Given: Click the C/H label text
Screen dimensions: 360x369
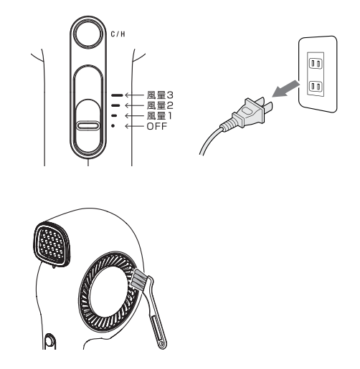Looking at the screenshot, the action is pyautogui.click(x=118, y=34).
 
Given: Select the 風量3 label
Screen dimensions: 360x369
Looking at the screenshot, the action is pyautogui.click(x=160, y=95).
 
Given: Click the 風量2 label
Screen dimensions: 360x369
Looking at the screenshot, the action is pyautogui.click(x=160, y=105).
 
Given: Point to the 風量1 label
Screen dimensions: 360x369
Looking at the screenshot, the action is pyautogui.click(x=159, y=116).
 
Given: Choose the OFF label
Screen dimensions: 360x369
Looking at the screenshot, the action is pyautogui.click(x=156, y=126).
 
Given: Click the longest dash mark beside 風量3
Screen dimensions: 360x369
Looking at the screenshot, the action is pyautogui.click(x=117, y=95).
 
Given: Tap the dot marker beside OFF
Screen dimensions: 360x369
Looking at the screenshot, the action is pyautogui.click(x=113, y=126).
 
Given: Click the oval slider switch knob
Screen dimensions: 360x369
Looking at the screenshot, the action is pyautogui.click(x=88, y=125).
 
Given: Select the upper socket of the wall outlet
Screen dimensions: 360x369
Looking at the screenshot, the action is pyautogui.click(x=316, y=64).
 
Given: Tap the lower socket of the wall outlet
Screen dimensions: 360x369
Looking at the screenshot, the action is pyautogui.click(x=316, y=87).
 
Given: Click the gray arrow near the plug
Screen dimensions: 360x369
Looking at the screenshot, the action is pyautogui.click(x=285, y=89).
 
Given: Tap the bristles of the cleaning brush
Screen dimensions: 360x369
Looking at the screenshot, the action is pyautogui.click(x=139, y=278).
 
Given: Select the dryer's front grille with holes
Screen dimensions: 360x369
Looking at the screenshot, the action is pyautogui.click(x=52, y=244).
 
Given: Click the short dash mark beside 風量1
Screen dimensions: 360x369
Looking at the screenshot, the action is pyautogui.click(x=114, y=116).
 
